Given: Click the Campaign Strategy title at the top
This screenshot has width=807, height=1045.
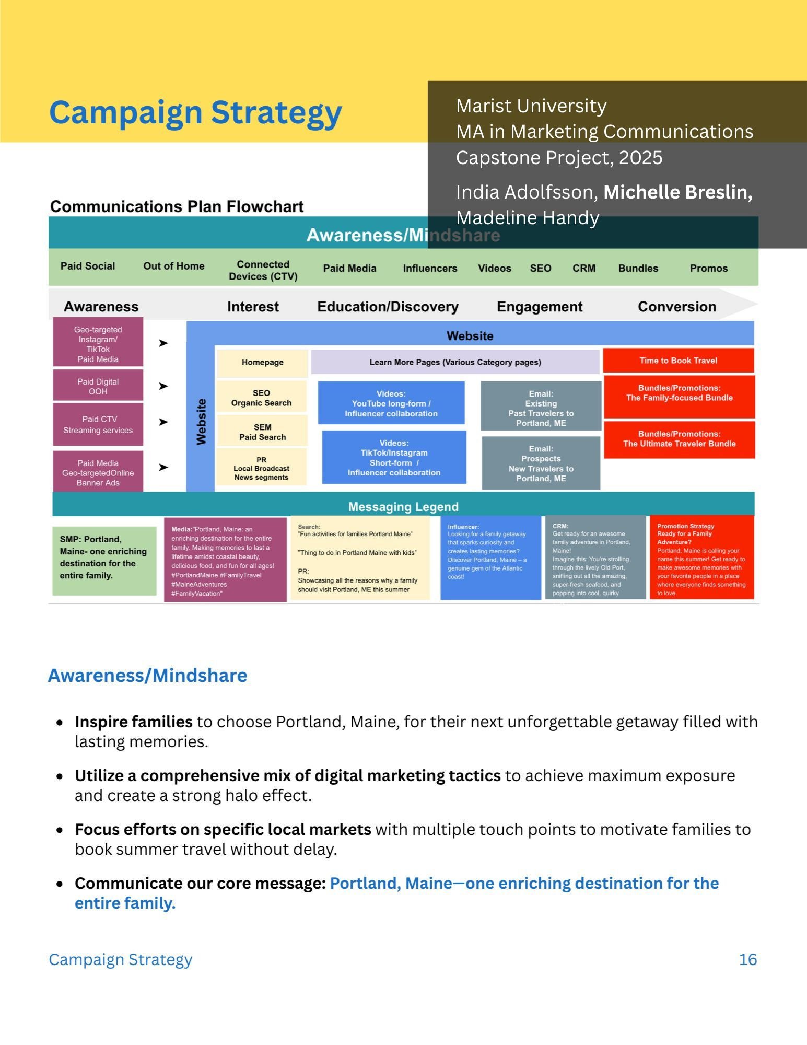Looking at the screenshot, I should click(x=195, y=112).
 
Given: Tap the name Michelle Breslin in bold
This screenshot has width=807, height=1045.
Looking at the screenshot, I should click(x=677, y=192).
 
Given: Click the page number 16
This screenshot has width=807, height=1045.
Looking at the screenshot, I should click(x=747, y=959).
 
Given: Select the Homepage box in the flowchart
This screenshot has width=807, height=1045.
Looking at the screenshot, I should click(x=262, y=362).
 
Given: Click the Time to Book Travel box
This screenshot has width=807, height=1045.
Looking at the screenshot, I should click(x=678, y=361).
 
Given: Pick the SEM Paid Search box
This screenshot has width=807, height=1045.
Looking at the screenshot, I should click(x=262, y=432).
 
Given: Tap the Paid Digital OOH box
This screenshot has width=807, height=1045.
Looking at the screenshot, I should click(x=98, y=386).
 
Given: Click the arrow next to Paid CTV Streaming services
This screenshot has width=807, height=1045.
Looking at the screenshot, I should click(x=163, y=422).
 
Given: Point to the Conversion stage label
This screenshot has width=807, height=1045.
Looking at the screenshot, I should click(x=676, y=307).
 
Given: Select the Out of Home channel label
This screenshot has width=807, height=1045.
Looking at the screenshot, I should click(x=173, y=266).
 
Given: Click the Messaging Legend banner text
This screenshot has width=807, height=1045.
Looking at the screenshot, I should click(x=403, y=507).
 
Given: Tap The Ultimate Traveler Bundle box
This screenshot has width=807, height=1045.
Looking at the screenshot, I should click(x=679, y=439).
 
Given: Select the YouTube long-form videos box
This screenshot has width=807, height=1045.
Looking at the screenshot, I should click(x=391, y=403).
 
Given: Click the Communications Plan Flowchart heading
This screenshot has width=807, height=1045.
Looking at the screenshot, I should click(x=177, y=206).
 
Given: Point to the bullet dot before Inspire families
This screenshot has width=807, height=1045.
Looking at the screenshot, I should click(x=60, y=723).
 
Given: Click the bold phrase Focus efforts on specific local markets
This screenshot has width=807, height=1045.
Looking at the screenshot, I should click(x=223, y=829).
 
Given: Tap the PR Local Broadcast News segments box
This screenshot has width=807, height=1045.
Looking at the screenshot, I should click(x=261, y=468).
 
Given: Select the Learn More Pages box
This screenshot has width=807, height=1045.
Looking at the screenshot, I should click(x=455, y=362).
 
